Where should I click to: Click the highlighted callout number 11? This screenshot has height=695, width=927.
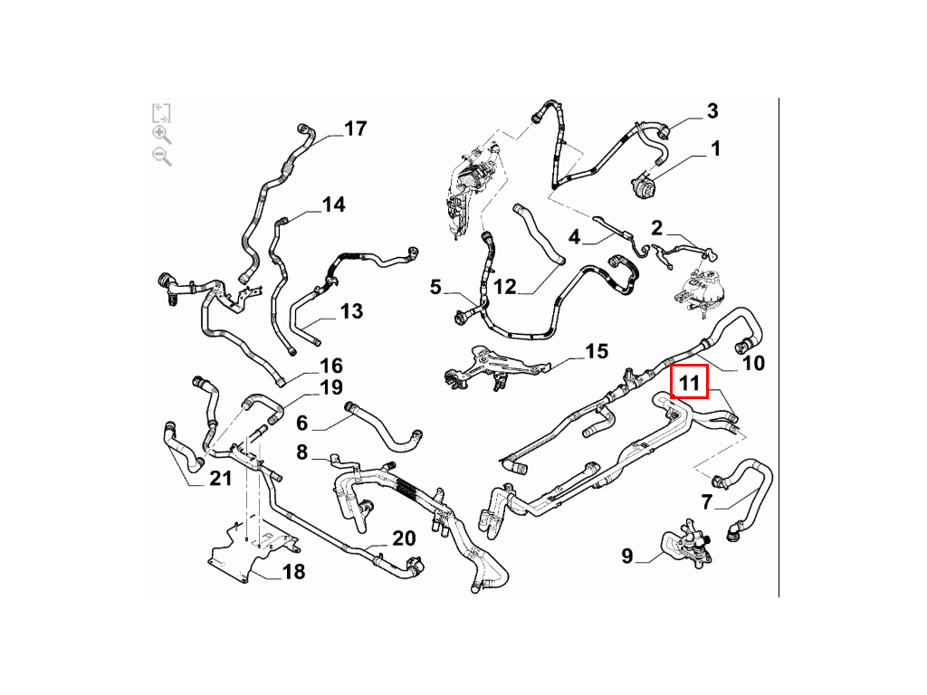pyautogui.click(x=689, y=383)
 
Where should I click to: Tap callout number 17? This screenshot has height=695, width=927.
pyautogui.click(x=355, y=129)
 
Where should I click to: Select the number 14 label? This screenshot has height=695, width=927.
pyautogui.click(x=333, y=205)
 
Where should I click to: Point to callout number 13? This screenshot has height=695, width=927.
pyautogui.click(x=351, y=311)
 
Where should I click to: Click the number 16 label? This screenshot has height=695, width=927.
pyautogui.click(x=331, y=366)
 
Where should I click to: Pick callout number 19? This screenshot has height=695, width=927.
pyautogui.click(x=331, y=387)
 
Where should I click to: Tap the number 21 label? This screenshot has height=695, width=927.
pyautogui.click(x=221, y=478)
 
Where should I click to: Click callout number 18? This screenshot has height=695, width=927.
pyautogui.click(x=293, y=572)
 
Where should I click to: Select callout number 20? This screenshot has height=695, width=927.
pyautogui.click(x=404, y=538)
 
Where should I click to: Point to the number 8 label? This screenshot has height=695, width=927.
pyautogui.click(x=301, y=452)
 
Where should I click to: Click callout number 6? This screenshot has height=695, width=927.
pyautogui.click(x=301, y=423)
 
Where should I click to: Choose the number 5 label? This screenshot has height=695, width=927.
pyautogui.click(x=435, y=287)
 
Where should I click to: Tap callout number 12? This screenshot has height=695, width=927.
pyautogui.click(x=505, y=287)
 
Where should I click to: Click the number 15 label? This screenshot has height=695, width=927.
pyautogui.click(x=597, y=351)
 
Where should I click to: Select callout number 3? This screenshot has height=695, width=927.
pyautogui.click(x=712, y=110)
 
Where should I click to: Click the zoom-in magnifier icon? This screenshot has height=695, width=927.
pyautogui.click(x=161, y=135)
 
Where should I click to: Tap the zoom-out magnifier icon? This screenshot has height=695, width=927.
pyautogui.click(x=161, y=157)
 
